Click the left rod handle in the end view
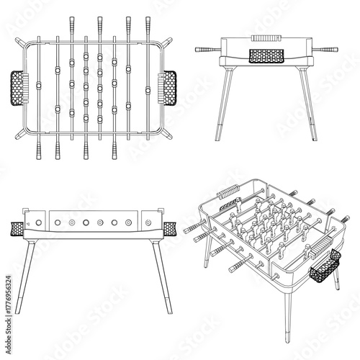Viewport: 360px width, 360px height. point(207,48)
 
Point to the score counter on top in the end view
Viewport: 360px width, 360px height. point(264,36)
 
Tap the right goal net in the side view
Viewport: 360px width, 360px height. point(171,229)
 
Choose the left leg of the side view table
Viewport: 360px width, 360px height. point(22,277)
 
